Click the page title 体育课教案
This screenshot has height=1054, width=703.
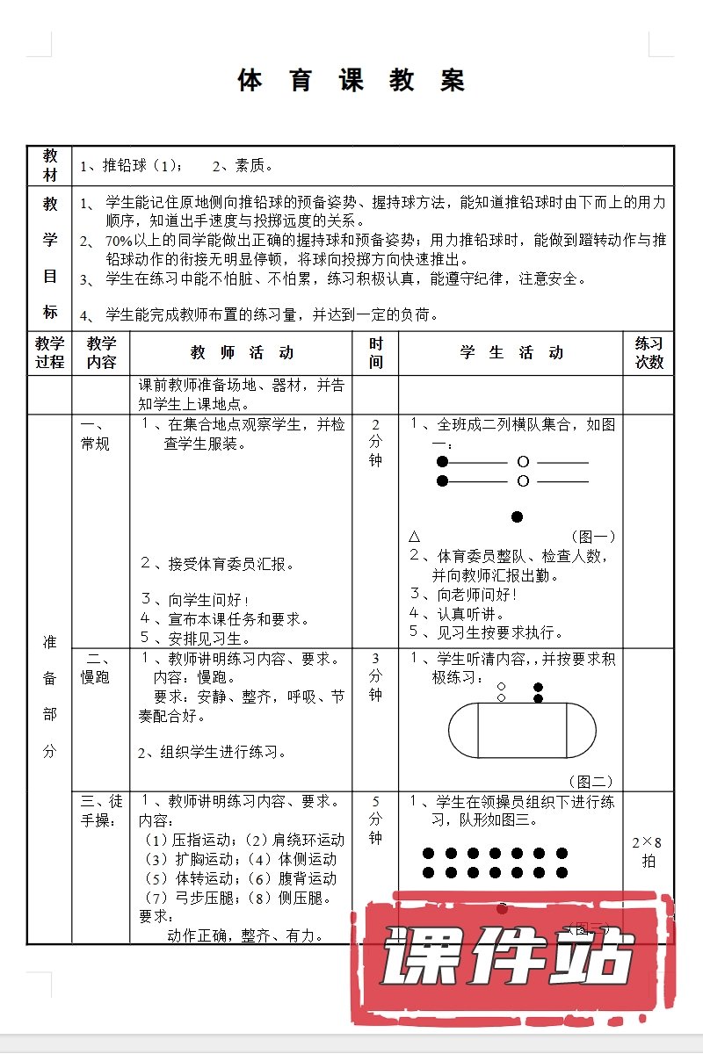pos(351,80)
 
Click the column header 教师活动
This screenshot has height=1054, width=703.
pos(242,353)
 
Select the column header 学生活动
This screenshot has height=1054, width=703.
pos(511,353)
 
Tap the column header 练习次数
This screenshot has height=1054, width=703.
pos(649,353)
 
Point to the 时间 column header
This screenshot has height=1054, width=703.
pos(375,353)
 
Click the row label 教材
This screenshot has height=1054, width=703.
pos(50,166)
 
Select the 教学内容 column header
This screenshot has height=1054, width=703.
pos(101,353)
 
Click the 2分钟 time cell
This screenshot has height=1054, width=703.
pos(375,443)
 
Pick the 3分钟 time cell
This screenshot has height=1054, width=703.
pos(375,676)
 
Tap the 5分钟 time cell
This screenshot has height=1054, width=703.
pos(375,819)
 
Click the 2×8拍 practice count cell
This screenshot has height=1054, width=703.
pos(649,851)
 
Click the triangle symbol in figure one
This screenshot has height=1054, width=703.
pos(415,536)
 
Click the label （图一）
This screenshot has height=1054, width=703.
pos(593,536)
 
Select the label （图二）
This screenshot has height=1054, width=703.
pos(591,781)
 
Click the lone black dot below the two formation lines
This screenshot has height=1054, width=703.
pos(518,516)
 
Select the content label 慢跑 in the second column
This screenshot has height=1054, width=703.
pos(96,677)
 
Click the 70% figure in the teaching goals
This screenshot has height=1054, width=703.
pos(119,241)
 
